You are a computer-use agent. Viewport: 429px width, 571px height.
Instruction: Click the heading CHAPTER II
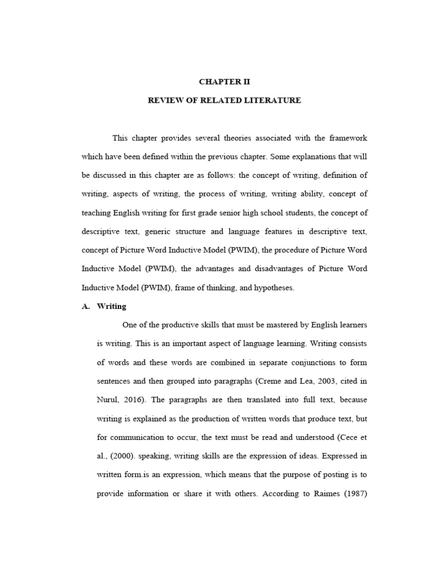(x=225, y=81)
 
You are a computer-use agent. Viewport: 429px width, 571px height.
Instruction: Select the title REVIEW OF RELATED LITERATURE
(x=224, y=100)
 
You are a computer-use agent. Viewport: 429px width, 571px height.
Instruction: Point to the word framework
(x=346, y=138)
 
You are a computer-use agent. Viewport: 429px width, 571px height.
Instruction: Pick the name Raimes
(x=327, y=493)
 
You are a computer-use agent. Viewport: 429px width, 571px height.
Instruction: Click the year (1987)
(x=356, y=493)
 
